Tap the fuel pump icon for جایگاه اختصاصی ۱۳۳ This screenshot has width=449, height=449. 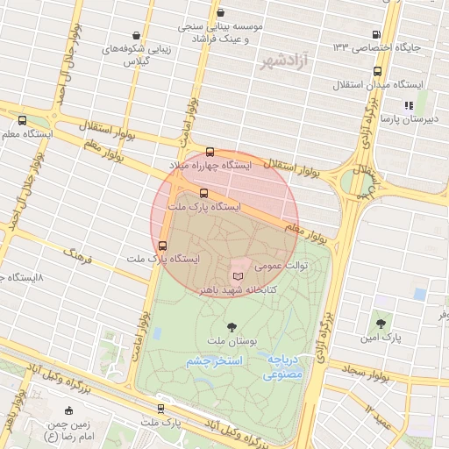[377, 32]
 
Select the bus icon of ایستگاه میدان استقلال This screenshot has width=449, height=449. [377, 72]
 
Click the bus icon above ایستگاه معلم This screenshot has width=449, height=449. [22, 121]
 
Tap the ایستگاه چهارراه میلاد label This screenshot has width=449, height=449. [210, 165]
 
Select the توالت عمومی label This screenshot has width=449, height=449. [279, 262]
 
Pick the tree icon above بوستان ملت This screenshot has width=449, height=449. [232, 328]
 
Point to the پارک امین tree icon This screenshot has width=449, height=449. [381, 324]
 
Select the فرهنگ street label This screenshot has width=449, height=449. [77, 255]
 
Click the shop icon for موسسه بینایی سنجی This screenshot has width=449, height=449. [220, 13]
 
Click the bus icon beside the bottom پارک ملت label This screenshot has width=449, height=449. [160, 408]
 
